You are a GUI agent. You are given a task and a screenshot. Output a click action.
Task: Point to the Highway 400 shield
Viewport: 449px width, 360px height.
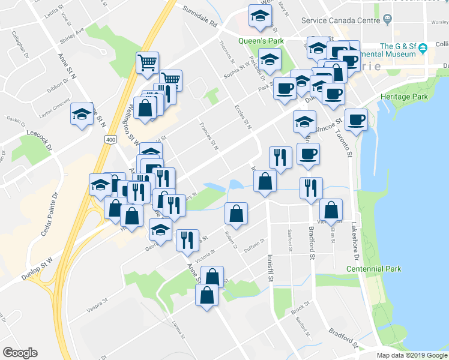coord(110,139)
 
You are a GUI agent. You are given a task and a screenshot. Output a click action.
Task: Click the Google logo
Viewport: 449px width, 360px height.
coord(20,353)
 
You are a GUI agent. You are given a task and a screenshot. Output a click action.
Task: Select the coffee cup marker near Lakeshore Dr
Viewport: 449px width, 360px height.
coord(356,119)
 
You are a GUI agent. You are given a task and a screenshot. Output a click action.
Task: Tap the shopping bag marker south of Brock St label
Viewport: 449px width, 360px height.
coord(206,295)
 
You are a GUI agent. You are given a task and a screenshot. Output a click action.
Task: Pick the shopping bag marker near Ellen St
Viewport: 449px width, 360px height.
coord(331,209)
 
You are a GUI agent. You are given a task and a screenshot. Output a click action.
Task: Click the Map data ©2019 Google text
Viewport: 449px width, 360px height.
coord(411,355)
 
